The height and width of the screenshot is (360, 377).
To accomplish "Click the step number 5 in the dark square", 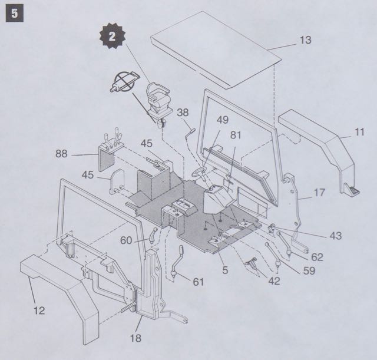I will pos(12,12).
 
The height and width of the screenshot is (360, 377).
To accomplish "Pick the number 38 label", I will pos(183,113).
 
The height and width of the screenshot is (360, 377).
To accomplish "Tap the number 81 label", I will pos(236,135).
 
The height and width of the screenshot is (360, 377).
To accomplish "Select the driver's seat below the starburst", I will pos(157,97).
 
